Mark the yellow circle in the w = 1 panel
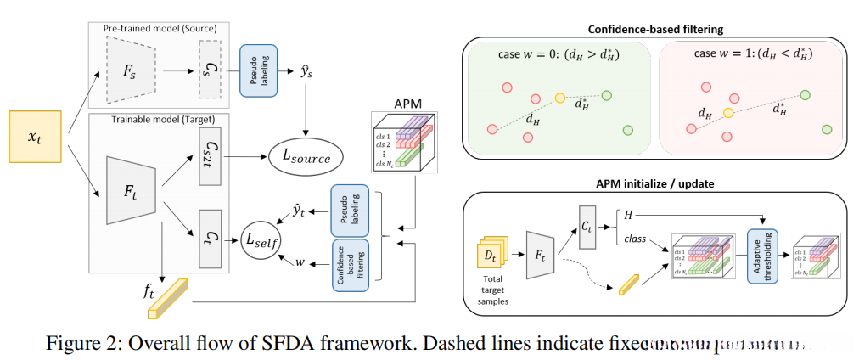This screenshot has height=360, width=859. point(727,112)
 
